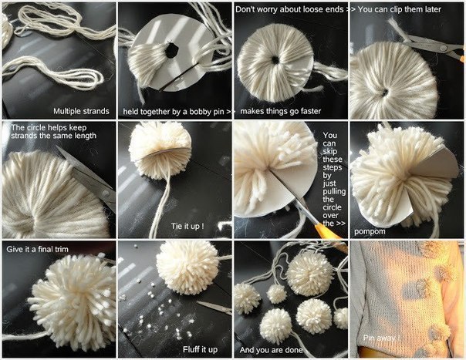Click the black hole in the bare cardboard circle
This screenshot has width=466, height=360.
click(171, 51)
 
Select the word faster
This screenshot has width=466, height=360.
click(311, 111)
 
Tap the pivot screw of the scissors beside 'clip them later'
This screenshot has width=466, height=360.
click(444, 48)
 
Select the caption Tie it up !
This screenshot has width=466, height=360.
click(187, 226)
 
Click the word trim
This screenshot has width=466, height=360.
click(61, 249)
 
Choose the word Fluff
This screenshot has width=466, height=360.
click(191, 350)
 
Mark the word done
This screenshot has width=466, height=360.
click(295, 350)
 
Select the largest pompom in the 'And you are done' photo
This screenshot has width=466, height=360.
click(309, 274)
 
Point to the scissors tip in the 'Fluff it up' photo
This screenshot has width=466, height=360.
click(198, 303)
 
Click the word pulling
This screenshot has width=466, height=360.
click(334, 192)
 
